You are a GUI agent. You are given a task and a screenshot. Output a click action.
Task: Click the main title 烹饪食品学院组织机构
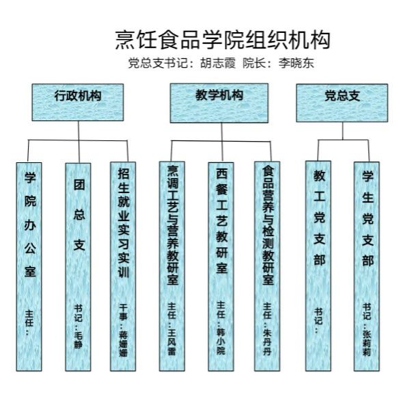[x=223, y=40]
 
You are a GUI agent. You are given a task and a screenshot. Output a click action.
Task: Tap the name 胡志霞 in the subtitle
[x=218, y=63]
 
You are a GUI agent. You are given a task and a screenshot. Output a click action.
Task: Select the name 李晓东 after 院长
[x=297, y=63]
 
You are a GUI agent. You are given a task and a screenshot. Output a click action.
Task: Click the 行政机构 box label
[x=78, y=96]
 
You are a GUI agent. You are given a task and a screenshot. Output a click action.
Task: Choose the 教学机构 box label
[x=219, y=95]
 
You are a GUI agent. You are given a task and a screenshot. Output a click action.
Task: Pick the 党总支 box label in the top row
[x=342, y=96]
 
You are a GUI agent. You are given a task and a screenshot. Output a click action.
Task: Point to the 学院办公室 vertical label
[x=30, y=225]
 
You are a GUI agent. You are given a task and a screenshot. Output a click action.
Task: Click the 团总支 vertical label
[x=79, y=214]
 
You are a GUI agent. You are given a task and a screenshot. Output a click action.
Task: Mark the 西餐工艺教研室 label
[x=222, y=221]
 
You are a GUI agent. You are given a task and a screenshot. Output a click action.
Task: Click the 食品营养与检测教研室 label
[x=269, y=225]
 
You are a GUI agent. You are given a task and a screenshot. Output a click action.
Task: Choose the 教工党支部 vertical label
[x=319, y=218]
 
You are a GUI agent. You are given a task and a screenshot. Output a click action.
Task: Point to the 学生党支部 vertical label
[x=368, y=218]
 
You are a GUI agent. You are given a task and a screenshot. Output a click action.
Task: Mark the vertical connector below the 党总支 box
[x=342, y=131]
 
